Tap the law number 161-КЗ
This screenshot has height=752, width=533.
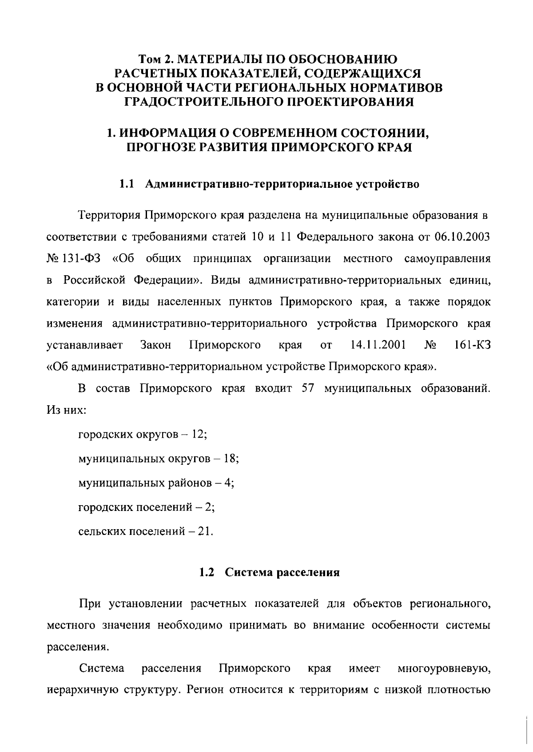[x=472, y=345]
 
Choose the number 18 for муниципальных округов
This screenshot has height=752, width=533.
[x=230, y=459]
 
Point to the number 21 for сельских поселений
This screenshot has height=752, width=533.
[x=204, y=531]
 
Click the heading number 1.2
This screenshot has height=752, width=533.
[x=207, y=573]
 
